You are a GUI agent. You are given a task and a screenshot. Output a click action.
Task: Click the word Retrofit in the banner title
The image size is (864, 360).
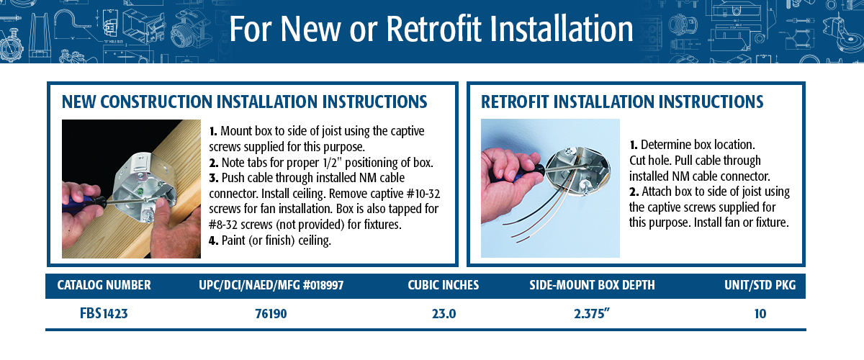(433, 29)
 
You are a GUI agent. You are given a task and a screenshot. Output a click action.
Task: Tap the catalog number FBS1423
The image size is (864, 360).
(104, 313)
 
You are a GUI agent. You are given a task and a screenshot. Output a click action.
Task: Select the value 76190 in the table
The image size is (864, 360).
(271, 314)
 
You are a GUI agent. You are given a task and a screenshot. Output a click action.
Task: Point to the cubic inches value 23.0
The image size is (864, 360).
(444, 314)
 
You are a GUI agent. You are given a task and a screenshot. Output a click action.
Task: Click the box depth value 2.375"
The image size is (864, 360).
(592, 314)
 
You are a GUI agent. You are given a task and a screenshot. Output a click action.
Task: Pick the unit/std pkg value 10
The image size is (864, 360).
(760, 314)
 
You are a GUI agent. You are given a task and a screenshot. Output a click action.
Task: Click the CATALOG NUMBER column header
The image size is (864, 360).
(104, 285)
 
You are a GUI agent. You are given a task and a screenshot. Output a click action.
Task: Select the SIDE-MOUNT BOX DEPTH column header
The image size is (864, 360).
(592, 285)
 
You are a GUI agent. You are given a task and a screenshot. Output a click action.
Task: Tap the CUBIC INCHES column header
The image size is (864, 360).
(444, 285)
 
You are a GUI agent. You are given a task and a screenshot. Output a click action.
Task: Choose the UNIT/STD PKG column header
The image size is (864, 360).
(760, 285)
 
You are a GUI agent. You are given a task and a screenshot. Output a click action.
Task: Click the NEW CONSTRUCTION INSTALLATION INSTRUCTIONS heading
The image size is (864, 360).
(245, 102)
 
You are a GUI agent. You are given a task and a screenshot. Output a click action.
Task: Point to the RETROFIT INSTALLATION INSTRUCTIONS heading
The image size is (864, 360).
(622, 102)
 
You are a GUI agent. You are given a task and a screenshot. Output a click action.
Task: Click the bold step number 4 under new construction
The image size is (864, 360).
(213, 240)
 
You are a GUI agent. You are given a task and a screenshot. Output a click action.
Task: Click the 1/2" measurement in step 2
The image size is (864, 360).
(330, 163)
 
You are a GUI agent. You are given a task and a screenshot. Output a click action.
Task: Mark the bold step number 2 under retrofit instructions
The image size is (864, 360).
(634, 192)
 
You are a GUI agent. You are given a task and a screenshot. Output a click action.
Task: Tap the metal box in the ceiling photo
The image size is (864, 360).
(579, 171)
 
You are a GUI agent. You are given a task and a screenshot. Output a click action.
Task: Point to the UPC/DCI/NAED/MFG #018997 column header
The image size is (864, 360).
(271, 285)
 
